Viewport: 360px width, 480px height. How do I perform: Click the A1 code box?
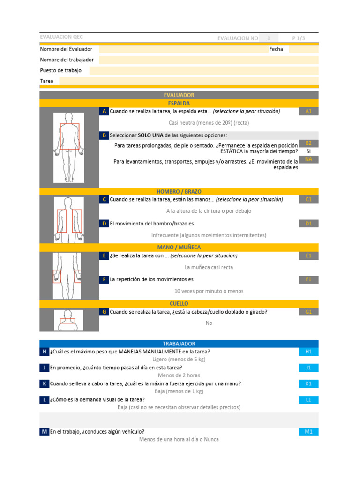tap(308, 111)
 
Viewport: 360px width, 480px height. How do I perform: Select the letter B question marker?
tap(104, 135)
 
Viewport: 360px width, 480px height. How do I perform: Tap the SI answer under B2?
tap(308, 151)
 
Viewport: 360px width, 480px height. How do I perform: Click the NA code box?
tap(308, 159)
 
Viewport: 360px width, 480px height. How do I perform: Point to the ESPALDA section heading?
tap(179, 103)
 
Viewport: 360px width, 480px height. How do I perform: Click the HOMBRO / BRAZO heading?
tap(179, 191)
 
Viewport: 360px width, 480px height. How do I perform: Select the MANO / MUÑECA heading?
tap(179, 247)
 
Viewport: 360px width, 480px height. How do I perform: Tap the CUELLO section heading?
tap(179, 304)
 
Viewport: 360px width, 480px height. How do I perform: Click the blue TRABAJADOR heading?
tap(179, 344)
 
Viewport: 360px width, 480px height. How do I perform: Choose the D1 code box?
tap(308, 224)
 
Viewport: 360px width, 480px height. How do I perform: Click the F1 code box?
tap(308, 279)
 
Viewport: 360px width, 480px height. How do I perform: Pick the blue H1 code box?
tap(308, 352)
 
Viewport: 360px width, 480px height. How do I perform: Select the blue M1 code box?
tap(308, 432)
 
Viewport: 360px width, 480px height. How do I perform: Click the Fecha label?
tap(276, 49)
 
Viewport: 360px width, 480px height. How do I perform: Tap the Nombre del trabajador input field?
tap(209, 60)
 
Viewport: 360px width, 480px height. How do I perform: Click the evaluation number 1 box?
tap(269, 38)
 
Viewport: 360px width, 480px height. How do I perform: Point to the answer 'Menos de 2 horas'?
tap(179, 375)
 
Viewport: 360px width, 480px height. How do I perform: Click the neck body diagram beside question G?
tap(69, 320)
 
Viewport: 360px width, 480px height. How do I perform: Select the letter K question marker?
tap(44, 383)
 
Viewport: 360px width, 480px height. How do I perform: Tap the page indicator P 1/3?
tap(298, 38)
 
